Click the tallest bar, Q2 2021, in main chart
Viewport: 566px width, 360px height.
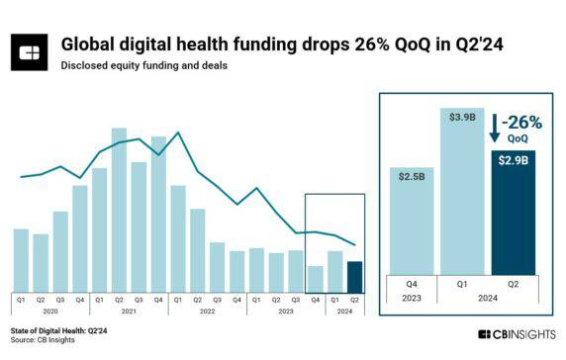[119, 208]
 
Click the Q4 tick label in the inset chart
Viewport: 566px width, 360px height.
[413, 282]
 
